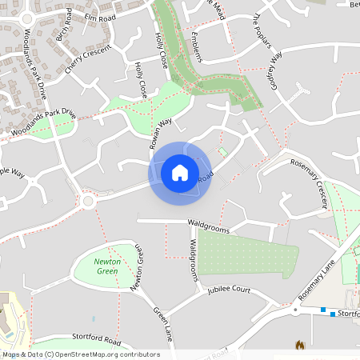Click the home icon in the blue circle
179,172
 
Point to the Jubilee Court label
230,290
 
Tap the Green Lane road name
162,323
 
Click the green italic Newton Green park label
106,266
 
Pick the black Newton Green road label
138,267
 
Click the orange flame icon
300,346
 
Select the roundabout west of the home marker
87,201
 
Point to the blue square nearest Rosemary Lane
322,310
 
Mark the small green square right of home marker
222,152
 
